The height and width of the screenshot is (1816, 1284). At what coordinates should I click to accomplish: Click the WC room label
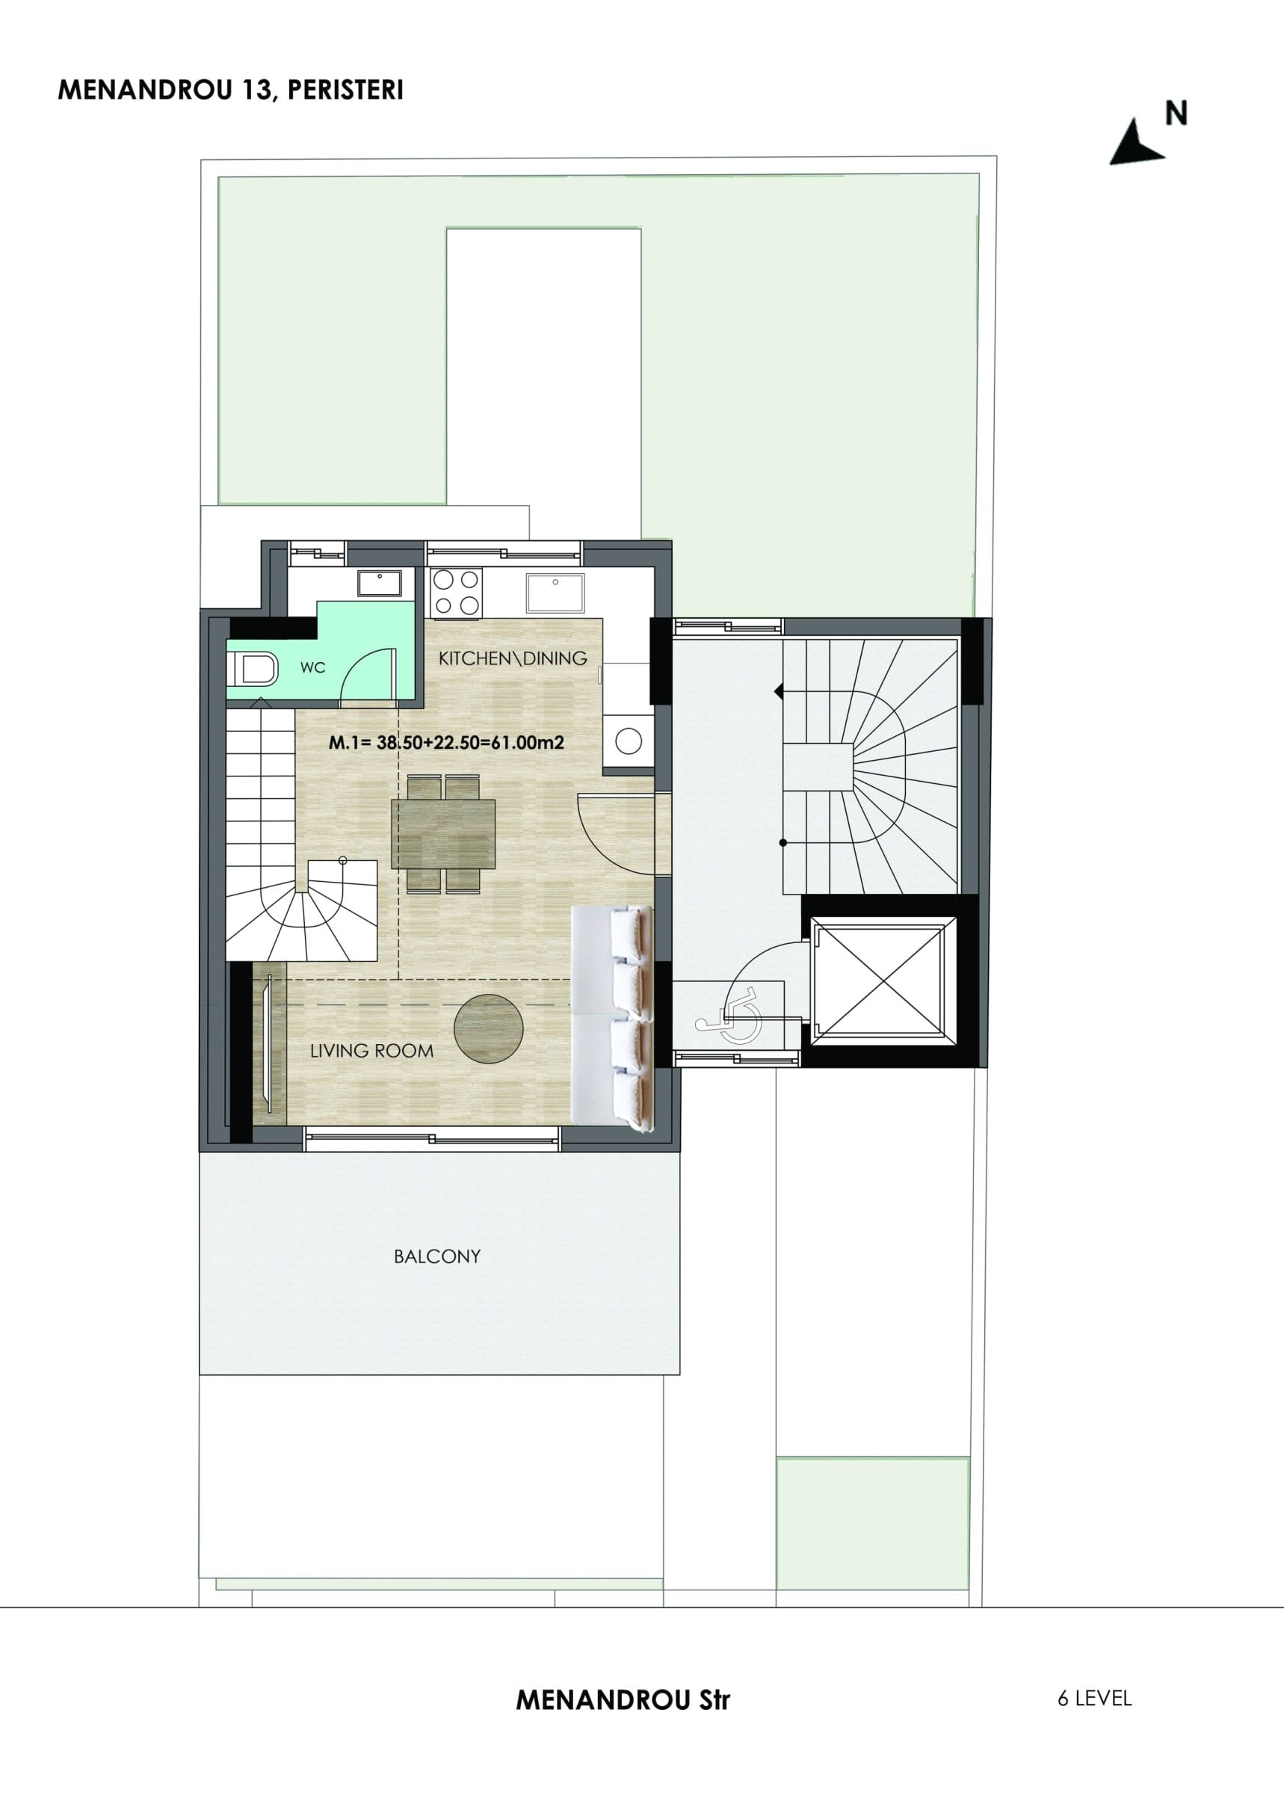pos(312,667)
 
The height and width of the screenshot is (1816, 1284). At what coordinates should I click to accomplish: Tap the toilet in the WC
pos(253,668)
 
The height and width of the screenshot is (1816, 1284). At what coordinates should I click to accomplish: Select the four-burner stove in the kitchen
pos(457,593)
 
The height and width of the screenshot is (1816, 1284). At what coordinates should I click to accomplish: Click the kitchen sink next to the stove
pos(555,593)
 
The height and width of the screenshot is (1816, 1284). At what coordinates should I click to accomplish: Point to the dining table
pos(443,835)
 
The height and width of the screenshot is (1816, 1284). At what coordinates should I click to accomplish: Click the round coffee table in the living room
pos(488,1028)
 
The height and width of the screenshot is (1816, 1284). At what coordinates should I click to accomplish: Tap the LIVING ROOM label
pos(372,1051)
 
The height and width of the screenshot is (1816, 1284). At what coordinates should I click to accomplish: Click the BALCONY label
pos(437,1256)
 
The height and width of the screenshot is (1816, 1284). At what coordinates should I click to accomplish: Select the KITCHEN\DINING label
pos(513,658)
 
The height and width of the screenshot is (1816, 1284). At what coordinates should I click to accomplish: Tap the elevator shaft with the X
pos(879,981)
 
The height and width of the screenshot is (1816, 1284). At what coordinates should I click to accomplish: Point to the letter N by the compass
pos(1176,114)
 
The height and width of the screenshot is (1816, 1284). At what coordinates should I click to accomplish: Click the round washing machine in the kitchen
pos(629,741)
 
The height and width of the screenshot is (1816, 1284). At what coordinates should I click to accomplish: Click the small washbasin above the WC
pos(380,584)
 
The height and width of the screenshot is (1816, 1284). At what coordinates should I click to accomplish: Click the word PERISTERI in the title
pos(346,91)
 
